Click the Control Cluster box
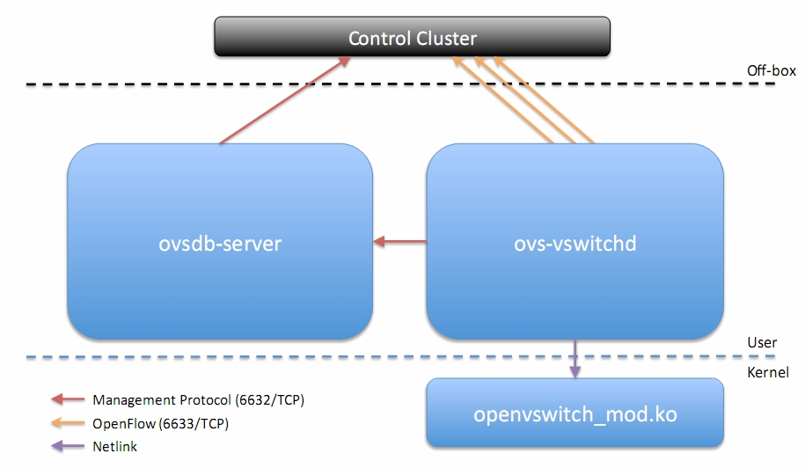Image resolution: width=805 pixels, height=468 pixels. click(413, 36)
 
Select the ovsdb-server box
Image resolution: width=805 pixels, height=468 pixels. click(220, 241)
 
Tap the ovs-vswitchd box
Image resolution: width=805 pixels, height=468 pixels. click(575, 241)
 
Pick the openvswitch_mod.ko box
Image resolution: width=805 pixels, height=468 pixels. click(575, 413)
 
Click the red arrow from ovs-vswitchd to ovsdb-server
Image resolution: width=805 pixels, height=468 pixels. click(399, 241)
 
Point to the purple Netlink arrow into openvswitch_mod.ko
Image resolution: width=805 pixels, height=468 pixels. click(575, 359)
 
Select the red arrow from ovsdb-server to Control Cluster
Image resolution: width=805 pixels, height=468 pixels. click(285, 100)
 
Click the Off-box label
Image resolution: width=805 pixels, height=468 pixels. click(771, 70)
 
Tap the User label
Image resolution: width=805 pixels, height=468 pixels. click(762, 342)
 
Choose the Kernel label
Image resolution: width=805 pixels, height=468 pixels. click(767, 372)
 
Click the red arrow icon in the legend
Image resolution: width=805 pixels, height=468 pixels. click(68, 399)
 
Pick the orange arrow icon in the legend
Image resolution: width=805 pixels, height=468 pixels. click(68, 423)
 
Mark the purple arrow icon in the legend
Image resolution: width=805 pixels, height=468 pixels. click(68, 446)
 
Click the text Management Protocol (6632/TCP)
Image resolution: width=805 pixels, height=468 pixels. click(198, 399)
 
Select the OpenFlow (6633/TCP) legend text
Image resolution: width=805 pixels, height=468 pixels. click(160, 423)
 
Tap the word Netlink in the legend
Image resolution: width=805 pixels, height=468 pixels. click(114, 447)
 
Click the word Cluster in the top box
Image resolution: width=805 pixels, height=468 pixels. click(446, 39)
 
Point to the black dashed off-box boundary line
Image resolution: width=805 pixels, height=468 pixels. click(400, 84)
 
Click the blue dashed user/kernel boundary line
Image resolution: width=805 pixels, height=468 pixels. click(400, 356)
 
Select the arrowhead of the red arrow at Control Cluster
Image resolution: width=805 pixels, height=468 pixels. click(344, 62)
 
